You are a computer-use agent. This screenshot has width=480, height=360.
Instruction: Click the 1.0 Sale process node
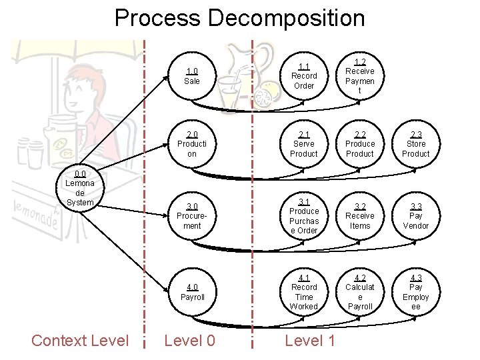pos(192,76)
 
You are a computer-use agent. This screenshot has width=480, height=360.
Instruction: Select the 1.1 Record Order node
pos(304,76)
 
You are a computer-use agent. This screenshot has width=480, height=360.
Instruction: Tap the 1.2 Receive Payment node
pos(360,76)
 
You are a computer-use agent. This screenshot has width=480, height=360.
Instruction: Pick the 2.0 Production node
pos(192,144)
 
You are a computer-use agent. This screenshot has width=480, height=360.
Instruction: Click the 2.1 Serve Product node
pos(304,144)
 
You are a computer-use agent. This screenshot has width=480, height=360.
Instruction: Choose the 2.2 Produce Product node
pos(360,144)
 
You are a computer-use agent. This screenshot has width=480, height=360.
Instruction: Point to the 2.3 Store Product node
pos(416,144)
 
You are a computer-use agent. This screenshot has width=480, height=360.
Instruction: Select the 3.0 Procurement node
pos(192,216)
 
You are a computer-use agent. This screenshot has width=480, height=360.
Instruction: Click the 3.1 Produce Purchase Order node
pos(304,216)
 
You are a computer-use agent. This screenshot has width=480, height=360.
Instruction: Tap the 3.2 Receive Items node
pos(360,216)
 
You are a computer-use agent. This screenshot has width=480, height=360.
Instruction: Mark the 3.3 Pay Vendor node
pos(416,216)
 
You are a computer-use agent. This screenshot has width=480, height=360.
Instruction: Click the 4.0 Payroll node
pos(192,292)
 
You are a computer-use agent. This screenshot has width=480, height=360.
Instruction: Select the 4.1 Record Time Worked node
pos(304,292)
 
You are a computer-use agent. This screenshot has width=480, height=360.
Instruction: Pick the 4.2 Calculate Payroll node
pos(360,292)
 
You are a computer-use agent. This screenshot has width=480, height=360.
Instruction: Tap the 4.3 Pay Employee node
pos(416,292)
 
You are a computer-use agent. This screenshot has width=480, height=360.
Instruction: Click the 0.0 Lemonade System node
pos(80,188)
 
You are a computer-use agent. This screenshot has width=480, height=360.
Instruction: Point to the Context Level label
pos(80,341)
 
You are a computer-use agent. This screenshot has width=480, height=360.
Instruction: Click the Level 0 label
pos(190,341)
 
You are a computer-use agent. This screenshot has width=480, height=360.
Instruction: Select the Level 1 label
pos(310,341)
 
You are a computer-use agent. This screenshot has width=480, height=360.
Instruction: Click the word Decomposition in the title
pos(287,18)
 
